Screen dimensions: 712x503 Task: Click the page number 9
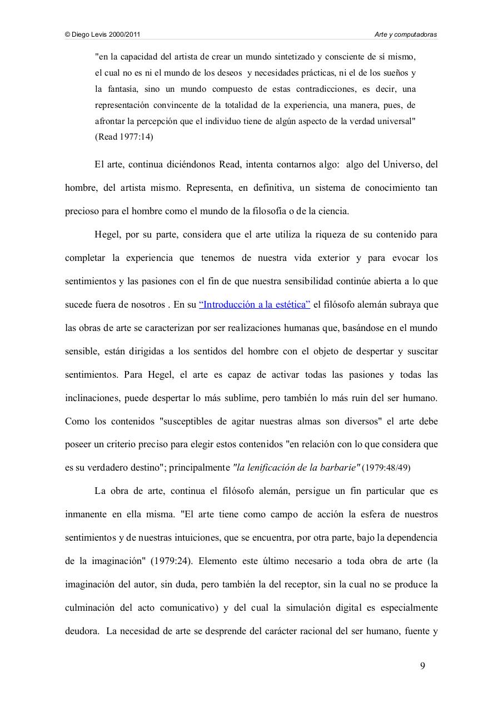[423, 666]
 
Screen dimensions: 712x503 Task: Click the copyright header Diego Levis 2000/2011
[103, 34]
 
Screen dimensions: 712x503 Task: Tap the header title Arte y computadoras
[406, 34]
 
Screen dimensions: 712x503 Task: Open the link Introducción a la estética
[255, 305]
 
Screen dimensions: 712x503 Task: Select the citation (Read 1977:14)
[124, 136]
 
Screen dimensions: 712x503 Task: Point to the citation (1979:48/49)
[386, 468]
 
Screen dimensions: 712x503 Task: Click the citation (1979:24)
[171, 561]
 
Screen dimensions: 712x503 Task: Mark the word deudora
[82, 631]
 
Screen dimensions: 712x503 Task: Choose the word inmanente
[86, 515]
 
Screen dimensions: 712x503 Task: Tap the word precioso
[82, 211]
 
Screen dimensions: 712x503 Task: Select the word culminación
[89, 608]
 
